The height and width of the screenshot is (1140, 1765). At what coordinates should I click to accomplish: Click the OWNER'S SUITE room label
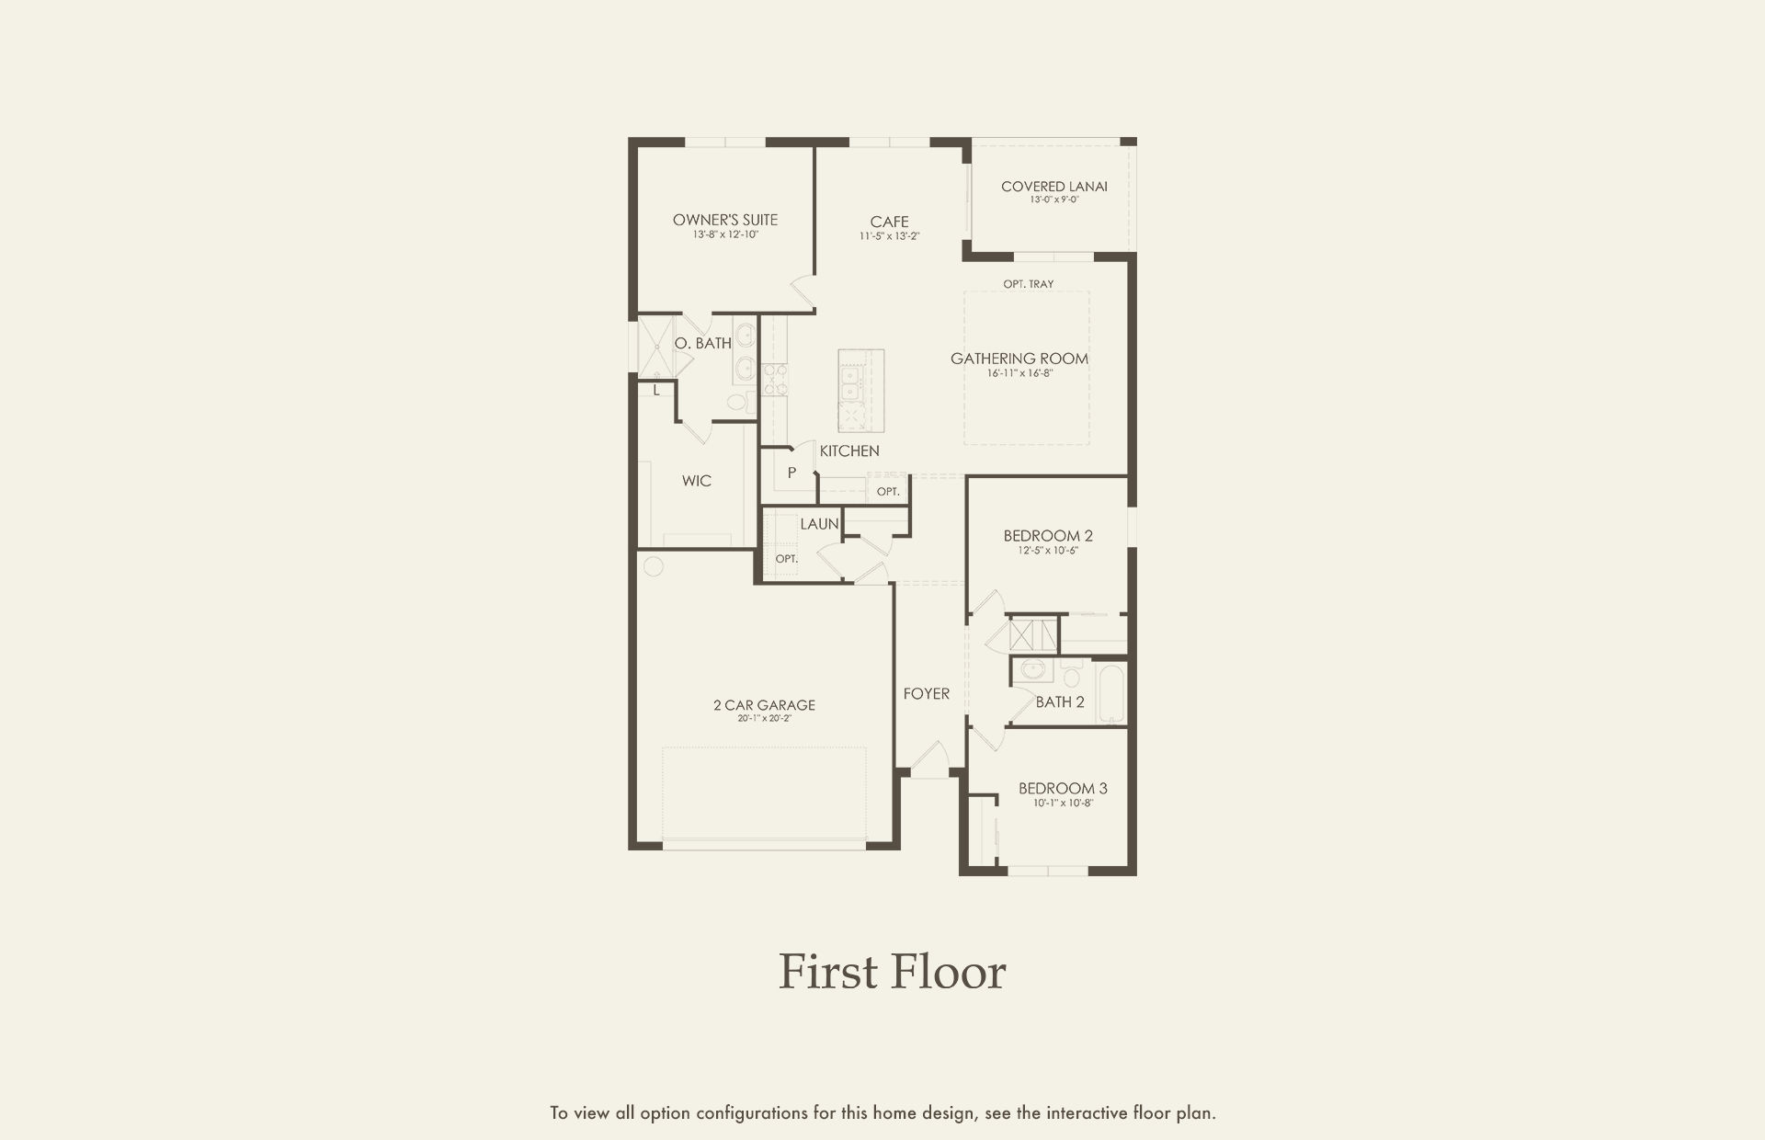(x=725, y=220)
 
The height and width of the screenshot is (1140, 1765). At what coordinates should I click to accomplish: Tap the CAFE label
(x=889, y=222)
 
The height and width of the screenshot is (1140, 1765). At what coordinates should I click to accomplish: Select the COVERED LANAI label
(x=1054, y=187)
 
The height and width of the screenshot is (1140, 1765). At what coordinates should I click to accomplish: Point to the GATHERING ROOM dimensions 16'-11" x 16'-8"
(x=1019, y=373)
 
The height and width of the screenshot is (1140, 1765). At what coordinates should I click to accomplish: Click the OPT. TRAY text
(x=1029, y=284)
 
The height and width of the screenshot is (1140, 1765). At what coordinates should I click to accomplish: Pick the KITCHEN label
(x=849, y=450)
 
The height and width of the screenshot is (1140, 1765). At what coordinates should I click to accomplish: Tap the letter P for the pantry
(x=791, y=473)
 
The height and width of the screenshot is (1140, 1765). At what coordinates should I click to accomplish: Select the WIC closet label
(x=697, y=481)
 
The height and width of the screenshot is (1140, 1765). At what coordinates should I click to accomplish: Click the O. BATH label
(x=703, y=343)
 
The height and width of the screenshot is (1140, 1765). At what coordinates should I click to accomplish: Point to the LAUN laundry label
(x=819, y=524)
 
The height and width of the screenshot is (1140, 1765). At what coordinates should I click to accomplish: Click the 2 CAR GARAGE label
(x=764, y=705)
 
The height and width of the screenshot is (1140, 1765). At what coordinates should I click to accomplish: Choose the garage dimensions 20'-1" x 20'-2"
(x=764, y=719)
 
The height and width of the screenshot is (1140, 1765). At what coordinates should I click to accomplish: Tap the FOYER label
(x=927, y=694)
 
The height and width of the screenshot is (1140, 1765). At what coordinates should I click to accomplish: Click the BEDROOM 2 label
(x=1048, y=536)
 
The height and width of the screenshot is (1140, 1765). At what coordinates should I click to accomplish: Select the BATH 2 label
(x=1060, y=702)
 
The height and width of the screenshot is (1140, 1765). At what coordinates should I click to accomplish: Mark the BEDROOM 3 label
(x=1063, y=789)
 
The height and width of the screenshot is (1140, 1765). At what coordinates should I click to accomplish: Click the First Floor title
(x=893, y=972)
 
